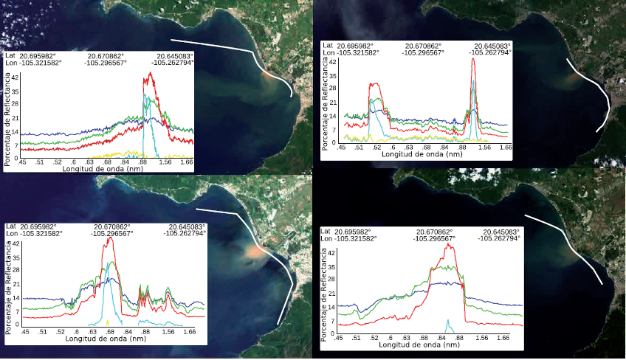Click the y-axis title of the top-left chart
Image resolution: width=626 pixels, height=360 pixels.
[8, 117]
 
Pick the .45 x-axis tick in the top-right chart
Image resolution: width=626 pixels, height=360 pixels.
[343, 148]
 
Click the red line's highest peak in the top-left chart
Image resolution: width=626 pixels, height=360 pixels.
[151, 73]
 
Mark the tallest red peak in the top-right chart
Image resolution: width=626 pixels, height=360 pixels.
[473, 59]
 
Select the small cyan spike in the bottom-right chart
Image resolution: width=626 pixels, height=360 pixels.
[447, 323]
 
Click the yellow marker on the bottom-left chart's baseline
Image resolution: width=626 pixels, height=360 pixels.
[108, 322]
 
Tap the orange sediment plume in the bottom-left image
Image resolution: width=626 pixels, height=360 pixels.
[253, 252]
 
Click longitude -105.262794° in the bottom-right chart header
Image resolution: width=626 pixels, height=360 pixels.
[499, 238]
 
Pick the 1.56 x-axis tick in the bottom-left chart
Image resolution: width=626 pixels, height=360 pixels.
[170, 332]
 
